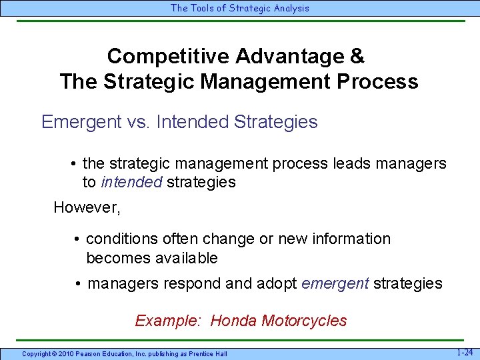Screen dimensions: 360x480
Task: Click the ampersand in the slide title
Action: pyautogui.click(x=357, y=56)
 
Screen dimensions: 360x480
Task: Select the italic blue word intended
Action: pyautogui.click(x=131, y=182)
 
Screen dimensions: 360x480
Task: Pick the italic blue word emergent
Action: pyautogui.click(x=335, y=283)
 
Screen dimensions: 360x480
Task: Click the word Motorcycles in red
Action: pyautogui.click(x=304, y=321)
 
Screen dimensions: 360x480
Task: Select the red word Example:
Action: pyautogui.click(x=167, y=321)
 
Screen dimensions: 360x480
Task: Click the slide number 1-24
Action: pyautogui.click(x=465, y=351)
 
